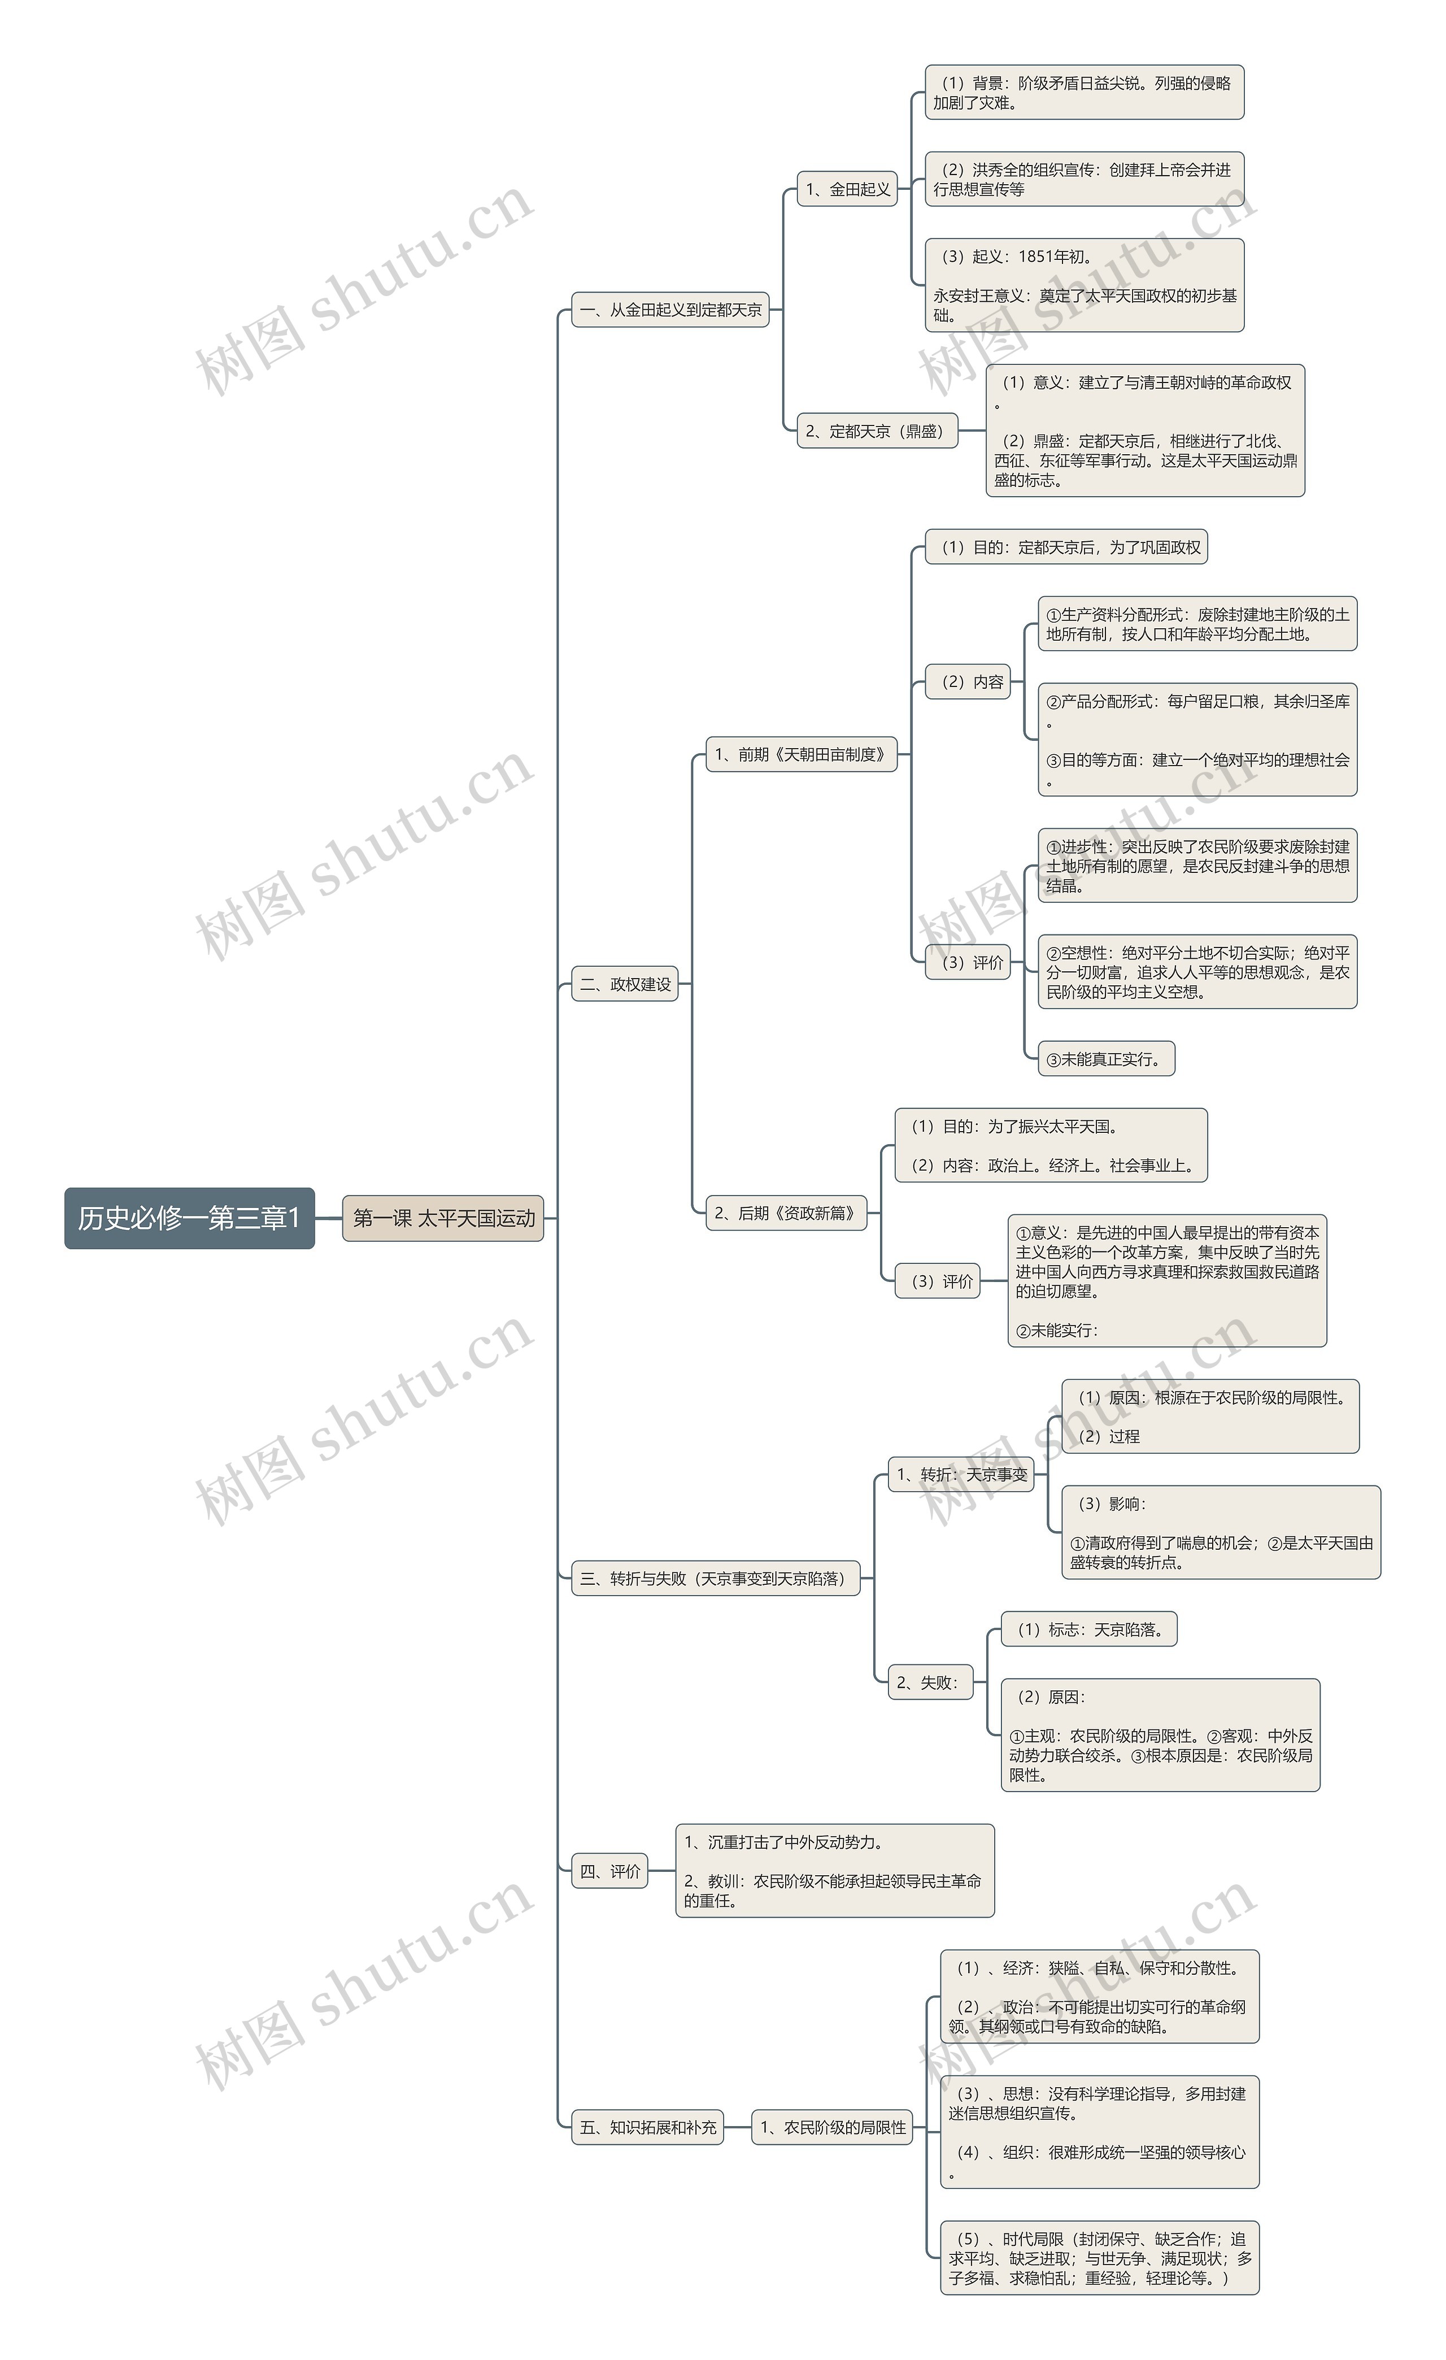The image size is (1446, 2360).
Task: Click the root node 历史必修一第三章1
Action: pyautogui.click(x=190, y=1218)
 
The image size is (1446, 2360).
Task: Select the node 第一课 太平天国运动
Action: pyautogui.click(x=443, y=1218)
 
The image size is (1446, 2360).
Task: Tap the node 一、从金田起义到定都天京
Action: pyautogui.click(x=670, y=310)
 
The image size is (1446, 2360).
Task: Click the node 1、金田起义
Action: pyautogui.click(x=847, y=189)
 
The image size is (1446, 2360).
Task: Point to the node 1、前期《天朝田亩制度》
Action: pyautogui.click(x=802, y=754)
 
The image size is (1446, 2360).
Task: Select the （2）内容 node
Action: pyautogui.click(x=968, y=681)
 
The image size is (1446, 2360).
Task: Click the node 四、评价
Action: pyautogui.click(x=610, y=1871)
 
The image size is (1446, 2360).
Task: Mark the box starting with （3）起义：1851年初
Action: pyautogui.click(x=1085, y=285)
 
